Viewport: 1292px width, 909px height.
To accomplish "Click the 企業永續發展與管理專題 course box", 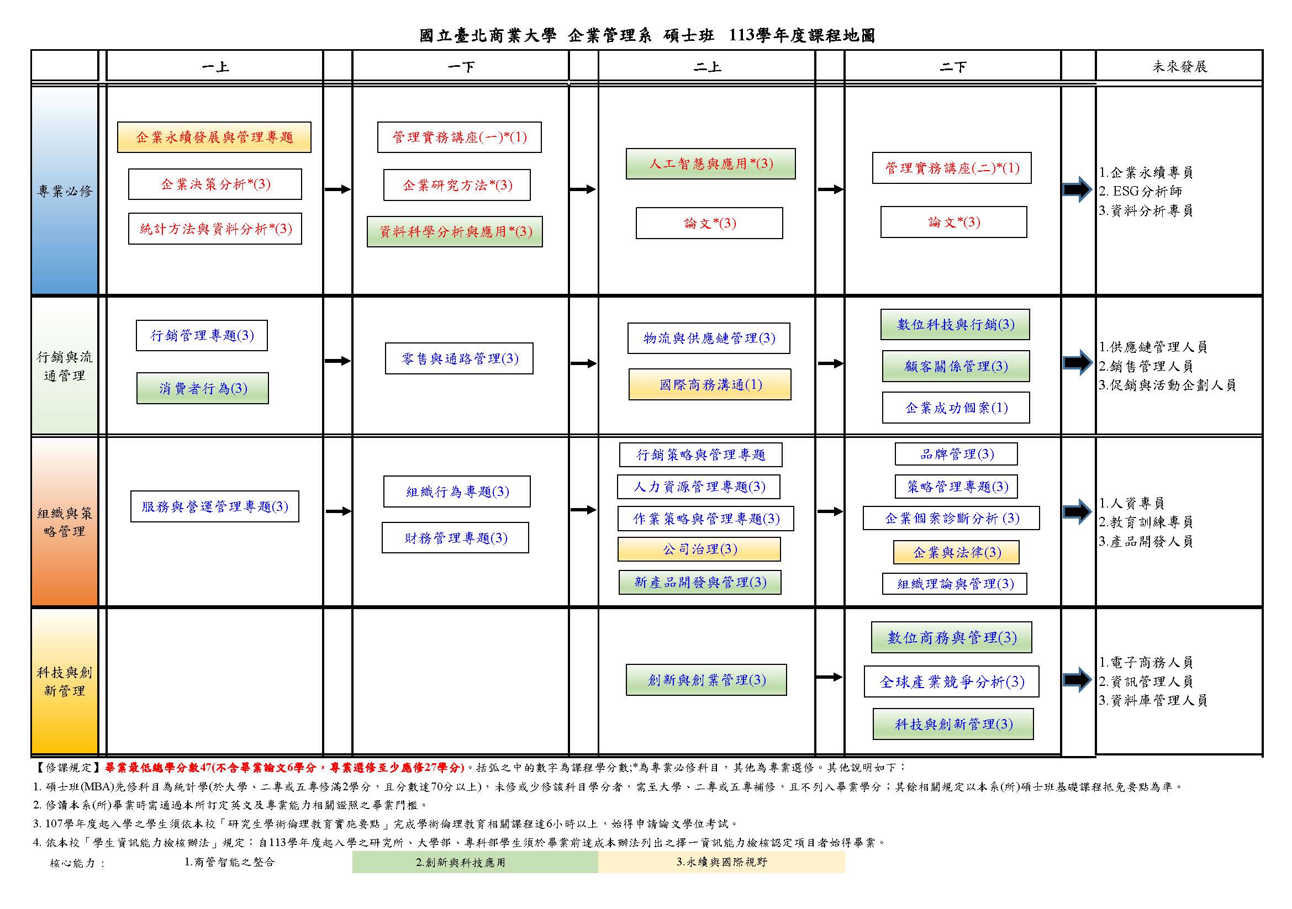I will pos(214,138).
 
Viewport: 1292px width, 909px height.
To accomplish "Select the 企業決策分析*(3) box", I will pos(215,184).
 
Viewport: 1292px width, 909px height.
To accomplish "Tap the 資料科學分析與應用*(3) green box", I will pos(455,231).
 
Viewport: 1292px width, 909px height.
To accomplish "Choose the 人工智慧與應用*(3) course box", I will pos(711,163).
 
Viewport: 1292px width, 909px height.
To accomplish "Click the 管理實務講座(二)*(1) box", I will pos(952,168).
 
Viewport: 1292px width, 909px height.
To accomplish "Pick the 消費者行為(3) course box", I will pos(203,388).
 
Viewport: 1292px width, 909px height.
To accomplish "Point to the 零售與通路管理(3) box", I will pos(459,358).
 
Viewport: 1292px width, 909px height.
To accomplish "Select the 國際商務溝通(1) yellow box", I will pos(710,384).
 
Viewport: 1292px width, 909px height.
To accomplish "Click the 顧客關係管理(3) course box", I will pos(956,366).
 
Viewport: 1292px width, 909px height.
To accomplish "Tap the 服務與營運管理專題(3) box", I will pos(214,506).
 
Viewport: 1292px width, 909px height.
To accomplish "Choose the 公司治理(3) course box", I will pos(699,549).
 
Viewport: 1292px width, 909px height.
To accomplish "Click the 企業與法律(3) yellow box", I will pos(956,552).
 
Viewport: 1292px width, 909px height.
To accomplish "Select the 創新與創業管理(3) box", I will pos(706,679).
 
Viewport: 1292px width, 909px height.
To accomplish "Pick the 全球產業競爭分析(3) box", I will pos(952,681).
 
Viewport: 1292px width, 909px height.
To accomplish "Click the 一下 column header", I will pos(460,67).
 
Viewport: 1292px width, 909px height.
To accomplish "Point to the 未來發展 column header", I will pos(1179,67).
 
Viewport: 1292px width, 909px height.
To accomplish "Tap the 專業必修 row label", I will pos(65,191).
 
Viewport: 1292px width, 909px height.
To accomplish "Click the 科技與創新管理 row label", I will pos(65,681).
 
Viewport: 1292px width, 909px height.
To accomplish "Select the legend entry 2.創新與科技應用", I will pos(460,862).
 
